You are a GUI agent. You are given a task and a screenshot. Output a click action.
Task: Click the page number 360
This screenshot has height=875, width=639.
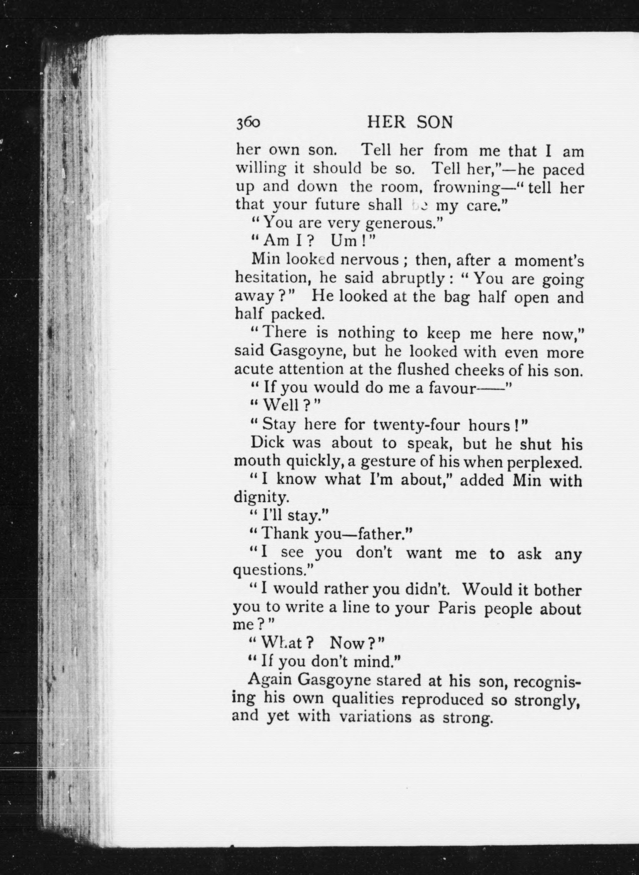tap(248, 123)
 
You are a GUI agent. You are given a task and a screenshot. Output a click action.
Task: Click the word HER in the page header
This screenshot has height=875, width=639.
tap(386, 122)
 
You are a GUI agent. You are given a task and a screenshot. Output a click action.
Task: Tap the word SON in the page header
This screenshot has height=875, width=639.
tap(435, 122)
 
